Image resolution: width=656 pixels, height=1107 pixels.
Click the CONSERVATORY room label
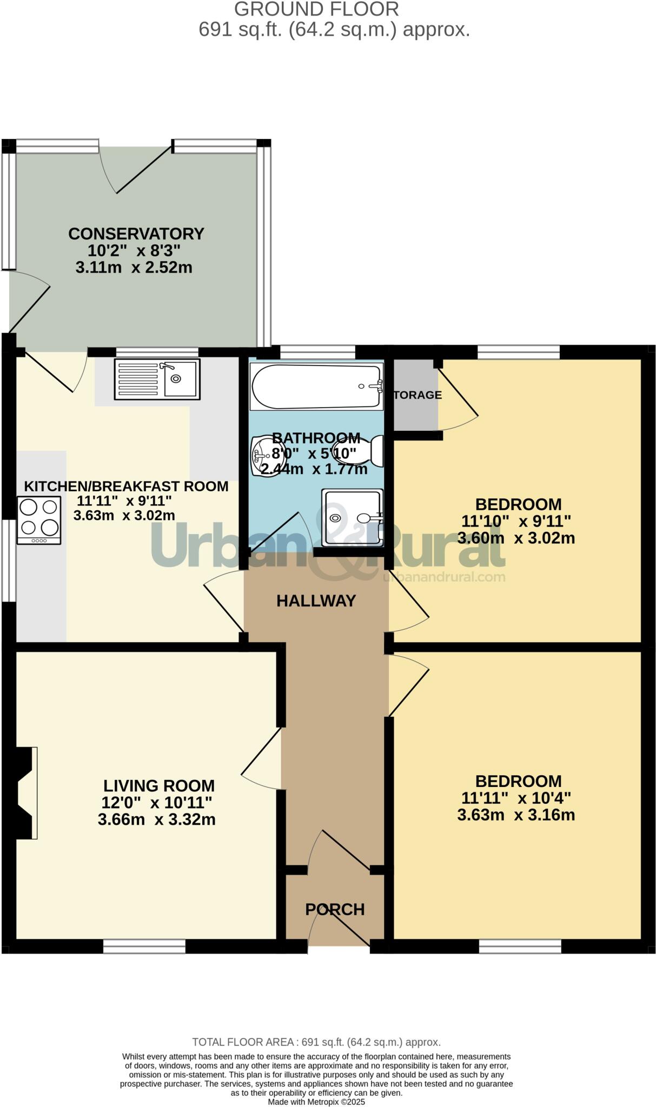(136, 234)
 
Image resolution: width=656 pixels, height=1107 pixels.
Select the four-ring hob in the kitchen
(39, 520)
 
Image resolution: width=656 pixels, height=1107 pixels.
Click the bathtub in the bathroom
(316, 386)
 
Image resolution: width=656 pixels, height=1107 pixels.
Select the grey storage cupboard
(415, 395)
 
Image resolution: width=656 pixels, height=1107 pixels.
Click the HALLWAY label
(316, 601)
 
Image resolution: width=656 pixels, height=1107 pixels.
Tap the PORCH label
(335, 909)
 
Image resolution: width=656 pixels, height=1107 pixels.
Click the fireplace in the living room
(26, 792)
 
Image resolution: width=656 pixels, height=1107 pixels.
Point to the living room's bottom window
(144, 946)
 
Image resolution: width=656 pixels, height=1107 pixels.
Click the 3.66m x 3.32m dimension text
(156, 819)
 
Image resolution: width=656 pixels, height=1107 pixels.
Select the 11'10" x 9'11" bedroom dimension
(516, 521)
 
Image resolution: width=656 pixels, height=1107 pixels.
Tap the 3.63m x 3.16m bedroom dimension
(516, 815)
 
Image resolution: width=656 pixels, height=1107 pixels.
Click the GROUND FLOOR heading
(317, 9)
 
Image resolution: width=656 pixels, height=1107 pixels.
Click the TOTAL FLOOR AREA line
(316, 1042)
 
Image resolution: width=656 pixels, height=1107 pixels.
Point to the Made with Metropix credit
(316, 1102)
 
